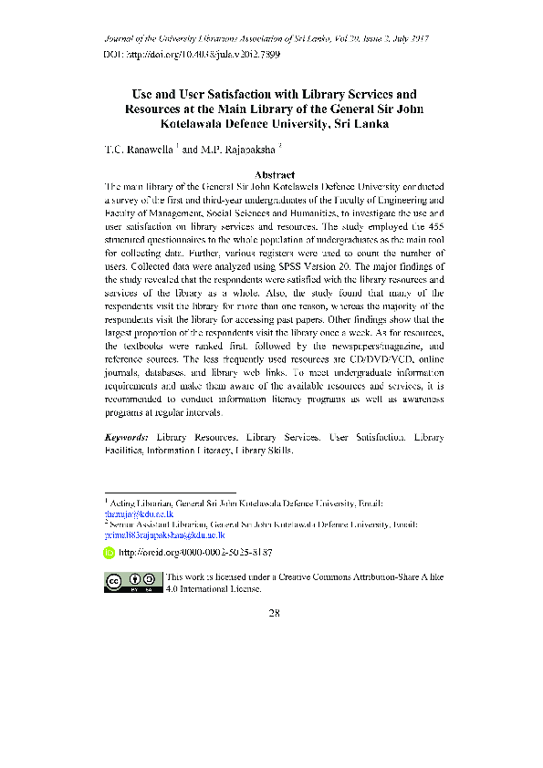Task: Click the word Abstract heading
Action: [274, 173]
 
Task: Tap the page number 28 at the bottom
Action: [274, 611]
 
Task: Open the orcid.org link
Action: [195, 553]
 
